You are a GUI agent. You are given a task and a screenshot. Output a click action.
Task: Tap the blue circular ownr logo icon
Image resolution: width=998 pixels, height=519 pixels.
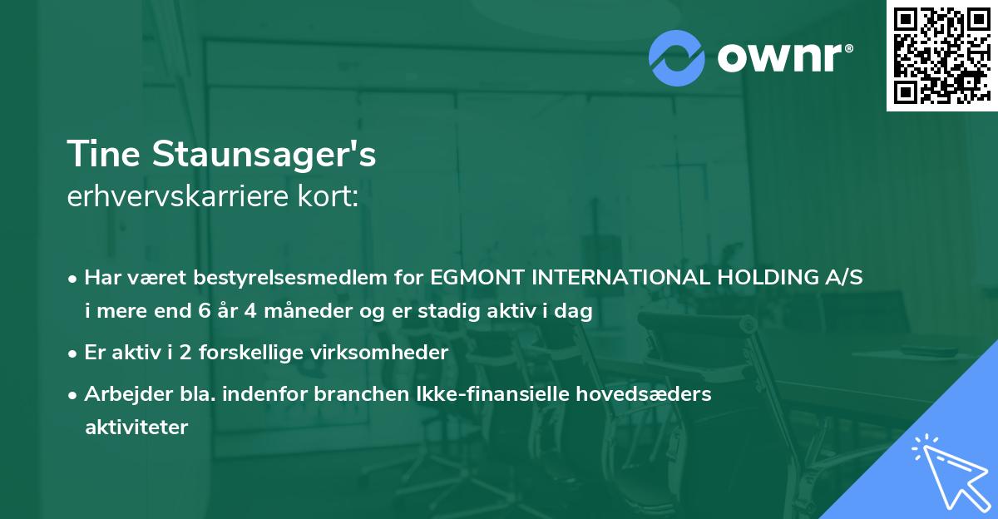677,58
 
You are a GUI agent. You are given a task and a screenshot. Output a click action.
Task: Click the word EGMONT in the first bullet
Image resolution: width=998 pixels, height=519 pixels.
472,279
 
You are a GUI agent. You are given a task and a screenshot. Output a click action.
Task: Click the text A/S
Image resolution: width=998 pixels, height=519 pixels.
842,279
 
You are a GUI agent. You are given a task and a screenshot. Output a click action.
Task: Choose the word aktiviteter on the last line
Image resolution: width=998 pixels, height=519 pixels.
136,428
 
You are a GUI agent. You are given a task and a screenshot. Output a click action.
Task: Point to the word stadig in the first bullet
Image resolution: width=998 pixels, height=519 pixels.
472,313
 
